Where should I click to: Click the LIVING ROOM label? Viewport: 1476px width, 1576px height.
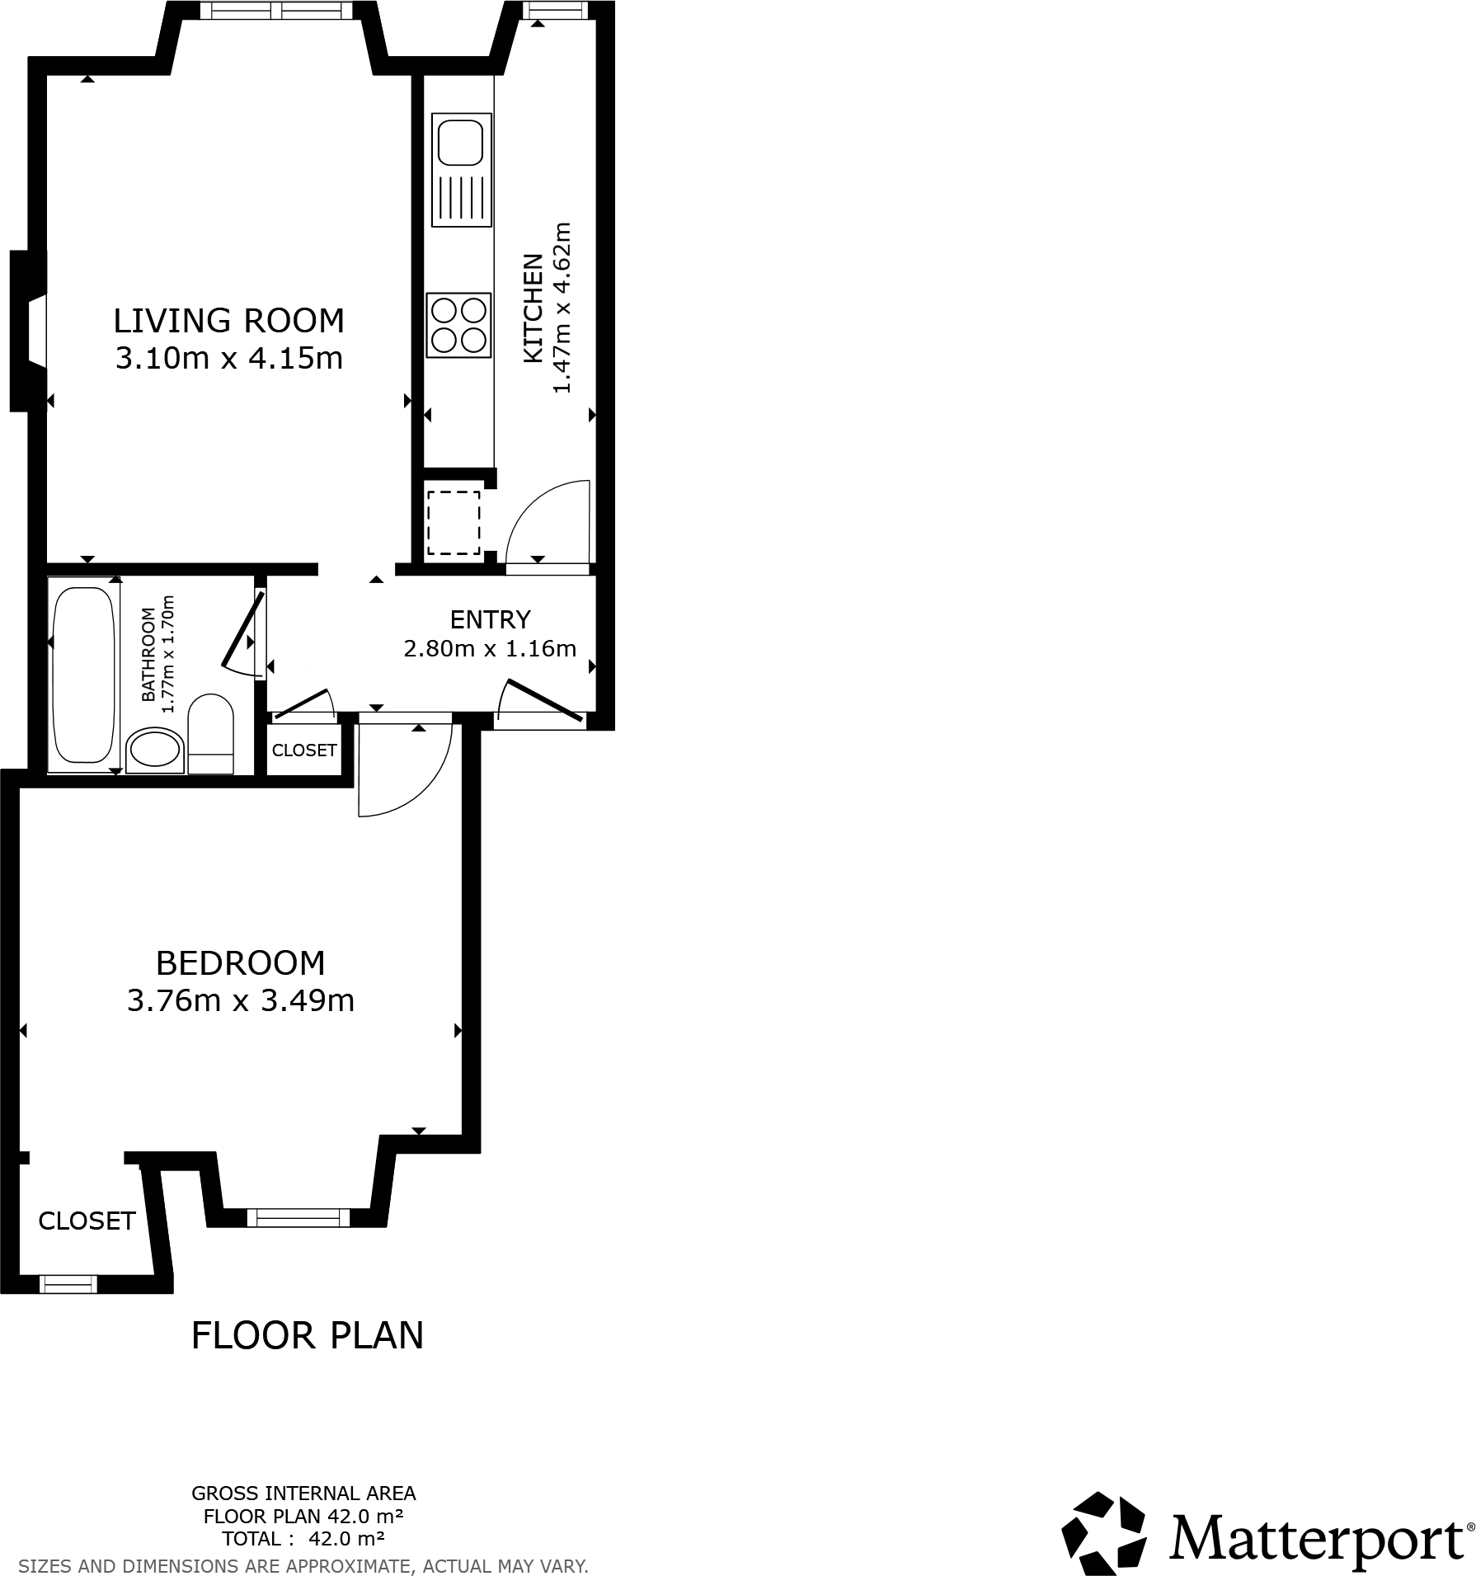[228, 320]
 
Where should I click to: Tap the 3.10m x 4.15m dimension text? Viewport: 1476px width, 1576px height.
[228, 359]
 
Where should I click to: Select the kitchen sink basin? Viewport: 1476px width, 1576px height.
[461, 142]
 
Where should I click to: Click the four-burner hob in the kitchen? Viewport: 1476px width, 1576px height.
[458, 325]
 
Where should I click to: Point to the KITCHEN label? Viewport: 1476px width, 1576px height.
[534, 308]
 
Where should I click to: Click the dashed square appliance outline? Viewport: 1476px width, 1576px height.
[453, 523]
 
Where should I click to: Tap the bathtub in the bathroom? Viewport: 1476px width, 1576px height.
[83, 675]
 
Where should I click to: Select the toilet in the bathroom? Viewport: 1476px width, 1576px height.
[211, 733]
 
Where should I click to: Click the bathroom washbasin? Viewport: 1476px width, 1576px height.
[154, 750]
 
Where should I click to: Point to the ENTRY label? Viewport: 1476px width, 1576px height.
[490, 619]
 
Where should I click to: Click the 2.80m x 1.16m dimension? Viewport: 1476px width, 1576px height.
[490, 649]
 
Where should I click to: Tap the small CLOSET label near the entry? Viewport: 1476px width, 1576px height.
[304, 750]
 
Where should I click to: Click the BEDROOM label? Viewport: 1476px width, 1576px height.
[240, 962]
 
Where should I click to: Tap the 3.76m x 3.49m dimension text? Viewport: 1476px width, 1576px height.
[240, 1000]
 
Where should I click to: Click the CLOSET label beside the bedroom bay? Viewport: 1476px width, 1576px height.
[87, 1221]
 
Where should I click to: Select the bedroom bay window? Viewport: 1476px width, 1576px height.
[298, 1217]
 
